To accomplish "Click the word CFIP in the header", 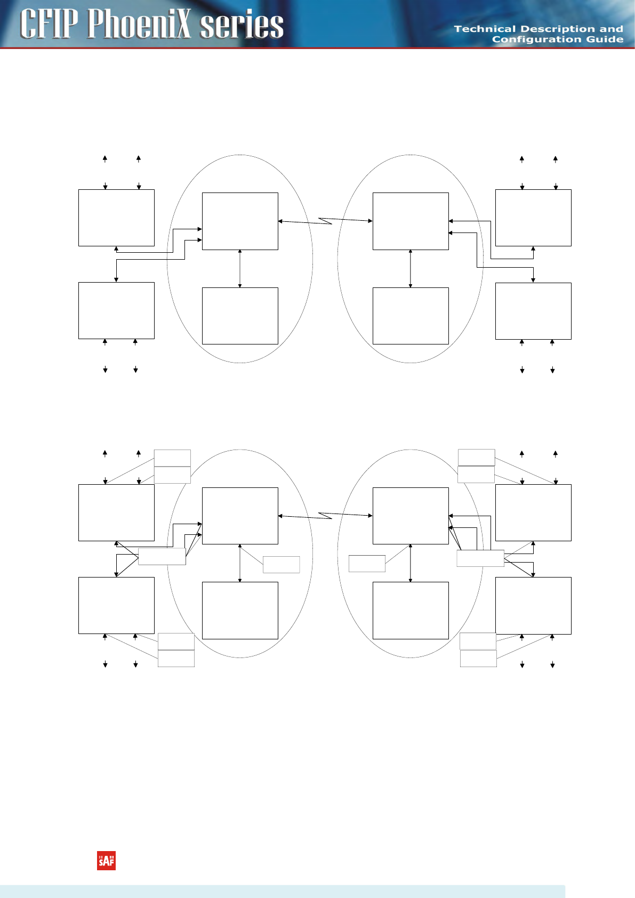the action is pyautogui.click(x=49, y=25).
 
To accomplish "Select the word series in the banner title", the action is pyautogui.click(x=242, y=26).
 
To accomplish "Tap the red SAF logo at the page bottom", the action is pyautogui.click(x=106, y=861).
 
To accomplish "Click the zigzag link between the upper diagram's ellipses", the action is pyautogui.click(x=325, y=221).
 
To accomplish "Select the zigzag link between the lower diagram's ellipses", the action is pyautogui.click(x=325, y=516).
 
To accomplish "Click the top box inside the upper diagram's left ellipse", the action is pyautogui.click(x=240, y=221).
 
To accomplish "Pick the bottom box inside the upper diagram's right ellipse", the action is pyautogui.click(x=411, y=316).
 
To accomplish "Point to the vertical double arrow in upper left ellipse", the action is pyautogui.click(x=240, y=269).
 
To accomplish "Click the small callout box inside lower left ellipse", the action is pyautogui.click(x=281, y=565).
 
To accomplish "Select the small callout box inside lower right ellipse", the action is pyautogui.click(x=367, y=564).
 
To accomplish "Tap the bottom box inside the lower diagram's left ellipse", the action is pyautogui.click(x=240, y=610).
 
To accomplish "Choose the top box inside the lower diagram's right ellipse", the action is pyautogui.click(x=411, y=516).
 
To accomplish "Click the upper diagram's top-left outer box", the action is pyautogui.click(x=116, y=218).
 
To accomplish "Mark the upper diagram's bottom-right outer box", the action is pyautogui.click(x=533, y=311).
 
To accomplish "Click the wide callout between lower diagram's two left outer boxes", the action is pyautogui.click(x=162, y=556).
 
